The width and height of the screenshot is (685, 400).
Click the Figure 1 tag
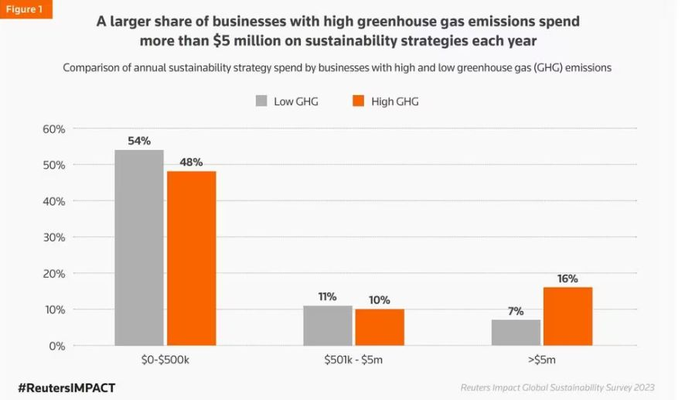27,10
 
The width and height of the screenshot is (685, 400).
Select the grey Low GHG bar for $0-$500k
139,248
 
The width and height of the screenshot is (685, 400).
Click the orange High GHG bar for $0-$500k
191,258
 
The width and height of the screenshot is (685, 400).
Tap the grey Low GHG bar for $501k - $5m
328,326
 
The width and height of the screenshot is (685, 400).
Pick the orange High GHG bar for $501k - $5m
380,327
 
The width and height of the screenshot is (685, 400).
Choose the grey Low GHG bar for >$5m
516,333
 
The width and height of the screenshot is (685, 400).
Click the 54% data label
139,142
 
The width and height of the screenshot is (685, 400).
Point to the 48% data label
191,162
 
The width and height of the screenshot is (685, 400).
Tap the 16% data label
568,279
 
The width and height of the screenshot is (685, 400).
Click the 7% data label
516,311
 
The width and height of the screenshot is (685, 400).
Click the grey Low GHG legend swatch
261,101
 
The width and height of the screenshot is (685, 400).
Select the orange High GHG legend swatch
357,101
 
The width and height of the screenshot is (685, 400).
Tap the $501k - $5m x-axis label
353,360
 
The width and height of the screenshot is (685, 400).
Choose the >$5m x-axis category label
542,360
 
